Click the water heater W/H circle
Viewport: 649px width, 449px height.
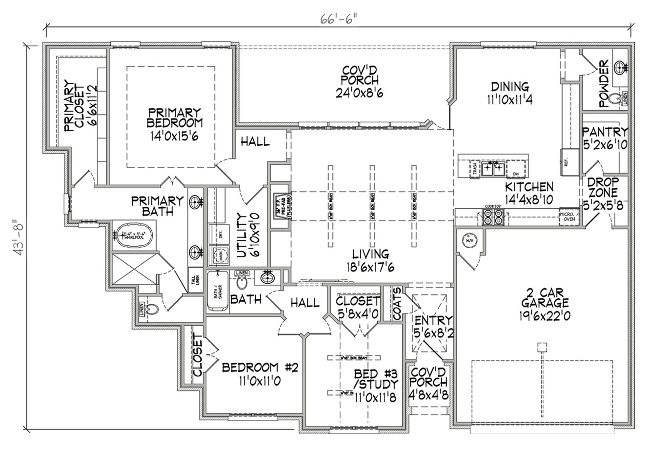[469, 240]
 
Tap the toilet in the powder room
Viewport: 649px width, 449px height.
[618, 98]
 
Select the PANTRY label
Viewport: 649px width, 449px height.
[605, 132]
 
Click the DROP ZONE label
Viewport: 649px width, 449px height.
[604, 186]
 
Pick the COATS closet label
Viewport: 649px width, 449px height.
[397, 303]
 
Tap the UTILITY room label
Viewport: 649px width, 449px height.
[241, 234]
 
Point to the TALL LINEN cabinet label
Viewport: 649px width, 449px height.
[194, 280]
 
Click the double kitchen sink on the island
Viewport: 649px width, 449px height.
[494, 169]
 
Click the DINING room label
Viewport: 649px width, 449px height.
[509, 87]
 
